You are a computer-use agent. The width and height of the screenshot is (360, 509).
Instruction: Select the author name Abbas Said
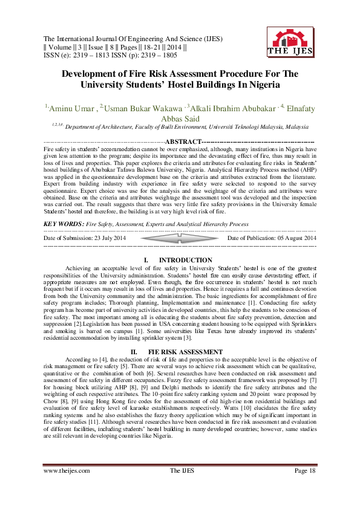point(180,119)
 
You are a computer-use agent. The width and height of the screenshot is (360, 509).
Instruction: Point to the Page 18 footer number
point(304,487)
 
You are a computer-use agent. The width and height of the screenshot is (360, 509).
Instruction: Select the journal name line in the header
point(128,38)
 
